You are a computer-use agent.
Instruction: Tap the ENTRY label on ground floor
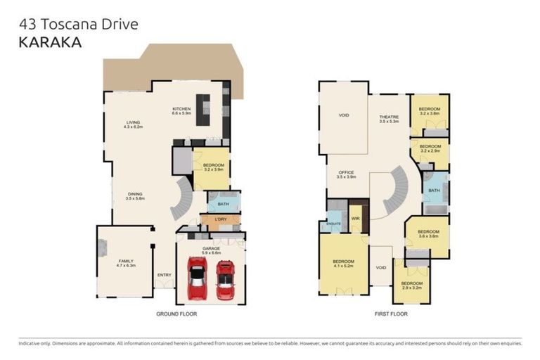click(x=165, y=275)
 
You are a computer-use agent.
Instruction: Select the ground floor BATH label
click(x=224, y=204)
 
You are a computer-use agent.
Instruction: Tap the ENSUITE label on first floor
click(x=334, y=224)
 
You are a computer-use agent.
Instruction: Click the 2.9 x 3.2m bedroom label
click(x=411, y=285)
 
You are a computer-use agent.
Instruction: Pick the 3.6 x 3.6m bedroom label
click(x=428, y=233)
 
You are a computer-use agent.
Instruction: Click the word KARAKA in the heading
click(x=50, y=42)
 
